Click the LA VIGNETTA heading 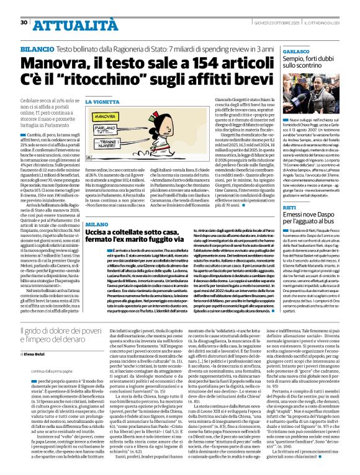pos(101,101)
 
